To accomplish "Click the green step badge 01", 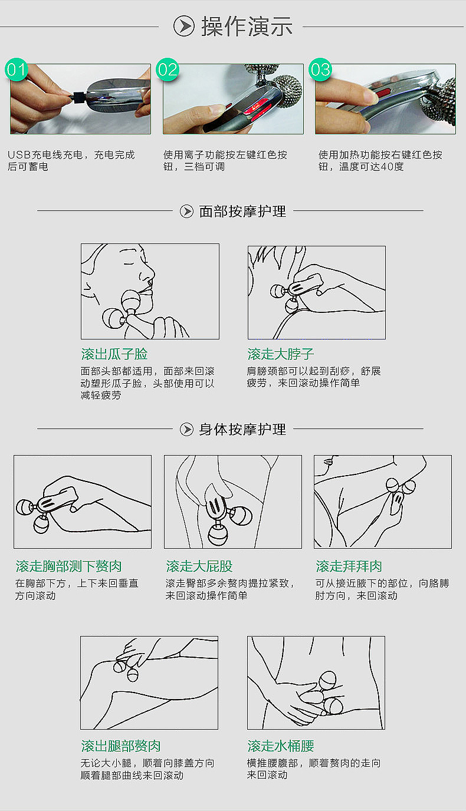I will (x=17, y=70).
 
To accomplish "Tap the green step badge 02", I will (x=168, y=70).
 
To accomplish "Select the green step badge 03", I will (x=320, y=70).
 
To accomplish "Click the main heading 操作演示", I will (x=247, y=27).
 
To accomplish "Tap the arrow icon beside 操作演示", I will (x=184, y=27).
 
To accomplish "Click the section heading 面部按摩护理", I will (x=242, y=211).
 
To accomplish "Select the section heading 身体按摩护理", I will (x=242, y=429).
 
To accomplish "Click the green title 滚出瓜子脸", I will (x=114, y=354).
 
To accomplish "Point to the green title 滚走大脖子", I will (x=281, y=354).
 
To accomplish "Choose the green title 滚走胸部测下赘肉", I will (x=68, y=566).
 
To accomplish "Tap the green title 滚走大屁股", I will (x=199, y=566).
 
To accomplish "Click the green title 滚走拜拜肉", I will (x=349, y=566).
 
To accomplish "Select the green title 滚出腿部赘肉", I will (x=121, y=746).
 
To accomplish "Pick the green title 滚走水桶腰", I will (x=281, y=746).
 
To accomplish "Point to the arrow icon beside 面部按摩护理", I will (x=186, y=211).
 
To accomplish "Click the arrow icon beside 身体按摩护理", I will (x=186, y=429).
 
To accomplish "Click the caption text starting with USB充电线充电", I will (x=71, y=161).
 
